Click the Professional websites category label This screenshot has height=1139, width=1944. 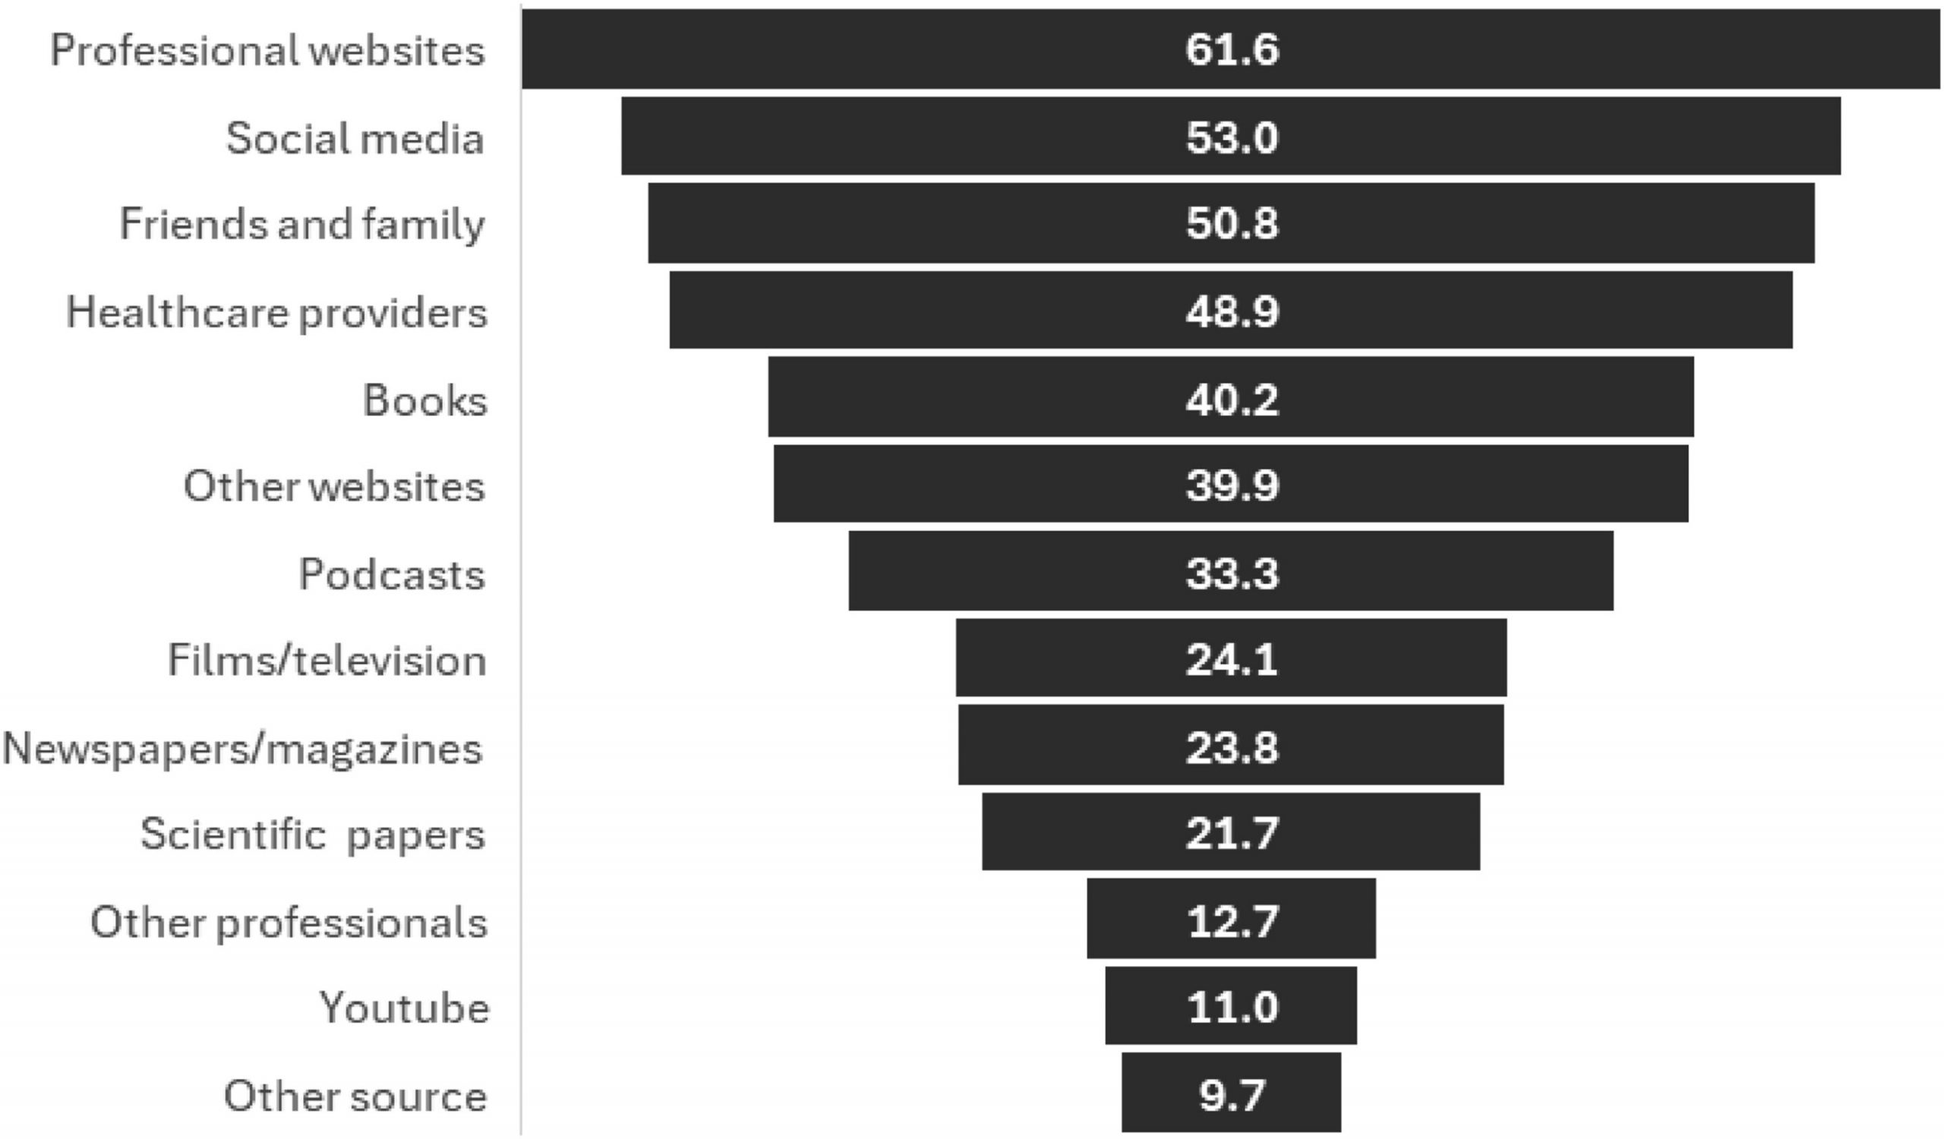267,51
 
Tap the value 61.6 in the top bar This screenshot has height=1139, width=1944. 1231,50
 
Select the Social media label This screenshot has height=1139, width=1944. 354,139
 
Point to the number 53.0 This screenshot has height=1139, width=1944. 1231,137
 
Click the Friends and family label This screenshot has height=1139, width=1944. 301,225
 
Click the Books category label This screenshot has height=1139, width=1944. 424,401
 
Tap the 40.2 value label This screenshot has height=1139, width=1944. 1231,399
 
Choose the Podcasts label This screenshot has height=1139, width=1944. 391,575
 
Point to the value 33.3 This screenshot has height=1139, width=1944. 1231,574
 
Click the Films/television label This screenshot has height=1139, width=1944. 327,661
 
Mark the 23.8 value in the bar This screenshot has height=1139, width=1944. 1231,747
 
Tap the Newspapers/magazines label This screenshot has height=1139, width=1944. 242,749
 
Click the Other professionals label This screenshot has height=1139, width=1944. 289,923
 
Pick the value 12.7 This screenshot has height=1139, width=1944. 1231,921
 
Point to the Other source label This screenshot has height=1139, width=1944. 355,1096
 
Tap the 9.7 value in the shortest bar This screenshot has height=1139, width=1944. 1231,1094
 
